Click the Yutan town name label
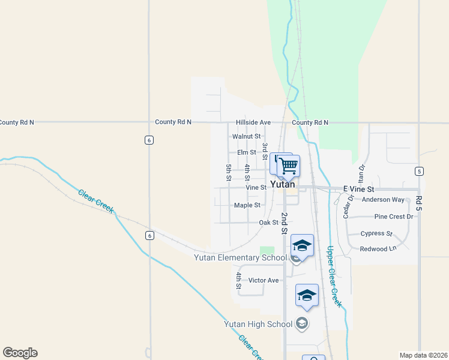point(282,185)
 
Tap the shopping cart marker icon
point(289,165)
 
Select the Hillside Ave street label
point(253,122)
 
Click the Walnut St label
point(246,137)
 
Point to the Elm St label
point(246,152)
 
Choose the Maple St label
point(247,205)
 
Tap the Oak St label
point(268,223)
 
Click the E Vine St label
point(358,189)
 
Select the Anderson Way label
point(383,200)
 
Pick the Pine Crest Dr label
point(394,217)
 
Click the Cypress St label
point(376,233)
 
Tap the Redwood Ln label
point(378,249)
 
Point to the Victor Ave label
point(264,280)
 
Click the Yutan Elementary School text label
point(240,258)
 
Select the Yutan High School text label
point(258,324)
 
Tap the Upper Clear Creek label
point(334,277)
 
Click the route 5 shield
point(418,171)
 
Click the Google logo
point(20,353)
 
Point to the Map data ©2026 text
point(423,355)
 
